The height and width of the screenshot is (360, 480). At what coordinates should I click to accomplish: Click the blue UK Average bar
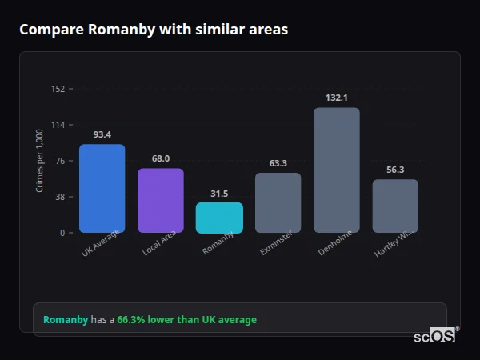tap(102, 188)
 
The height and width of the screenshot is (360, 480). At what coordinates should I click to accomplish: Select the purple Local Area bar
tap(161, 200)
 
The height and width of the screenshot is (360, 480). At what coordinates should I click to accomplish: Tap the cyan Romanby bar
tap(219, 217)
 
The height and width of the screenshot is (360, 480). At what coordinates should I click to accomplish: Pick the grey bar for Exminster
tap(278, 202)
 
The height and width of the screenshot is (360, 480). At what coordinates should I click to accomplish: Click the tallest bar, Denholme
tap(337, 170)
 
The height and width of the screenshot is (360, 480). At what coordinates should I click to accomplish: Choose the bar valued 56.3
tap(395, 206)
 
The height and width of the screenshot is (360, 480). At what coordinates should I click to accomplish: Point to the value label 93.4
tap(102, 134)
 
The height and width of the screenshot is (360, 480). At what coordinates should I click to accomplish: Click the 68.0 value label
tap(161, 158)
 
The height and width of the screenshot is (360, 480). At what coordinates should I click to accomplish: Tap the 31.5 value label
tap(219, 193)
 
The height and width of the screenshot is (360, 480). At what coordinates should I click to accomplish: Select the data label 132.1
tap(337, 98)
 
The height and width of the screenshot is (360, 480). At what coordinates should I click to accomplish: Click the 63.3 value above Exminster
tap(278, 163)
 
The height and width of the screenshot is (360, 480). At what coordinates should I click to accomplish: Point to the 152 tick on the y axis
tap(58, 89)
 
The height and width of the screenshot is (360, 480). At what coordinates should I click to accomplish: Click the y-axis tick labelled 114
tap(58, 125)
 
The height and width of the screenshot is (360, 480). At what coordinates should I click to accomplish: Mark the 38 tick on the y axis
tap(59, 197)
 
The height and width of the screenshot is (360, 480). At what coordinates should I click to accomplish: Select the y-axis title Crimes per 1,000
tap(39, 160)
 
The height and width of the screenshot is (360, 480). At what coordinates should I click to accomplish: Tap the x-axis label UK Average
tap(100, 243)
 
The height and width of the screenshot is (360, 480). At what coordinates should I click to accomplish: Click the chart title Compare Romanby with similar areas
tap(154, 30)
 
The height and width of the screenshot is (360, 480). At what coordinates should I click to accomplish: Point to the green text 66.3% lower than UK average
tap(186, 320)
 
